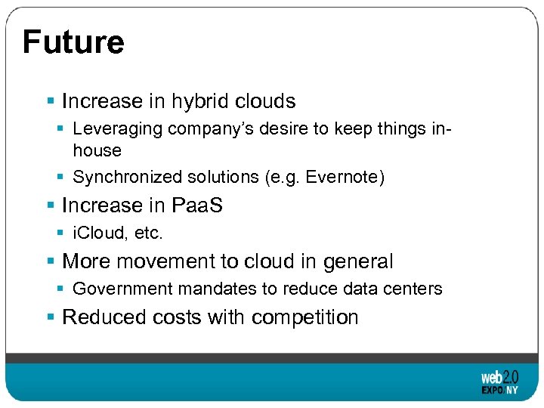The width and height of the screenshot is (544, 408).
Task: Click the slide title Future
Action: click(73, 42)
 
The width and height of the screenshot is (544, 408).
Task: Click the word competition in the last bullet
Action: click(305, 317)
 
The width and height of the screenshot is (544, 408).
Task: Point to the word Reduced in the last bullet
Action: click(103, 317)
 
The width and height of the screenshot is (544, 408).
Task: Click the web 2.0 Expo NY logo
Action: click(499, 383)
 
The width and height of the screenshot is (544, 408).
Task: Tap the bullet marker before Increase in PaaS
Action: click(51, 206)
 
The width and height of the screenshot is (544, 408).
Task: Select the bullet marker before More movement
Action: click(51, 261)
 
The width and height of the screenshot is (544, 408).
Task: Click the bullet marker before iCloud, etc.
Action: click(62, 233)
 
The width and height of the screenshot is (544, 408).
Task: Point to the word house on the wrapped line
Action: click(97, 150)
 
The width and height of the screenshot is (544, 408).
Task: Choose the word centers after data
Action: click(414, 289)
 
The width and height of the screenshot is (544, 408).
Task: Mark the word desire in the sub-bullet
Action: click(286, 129)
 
